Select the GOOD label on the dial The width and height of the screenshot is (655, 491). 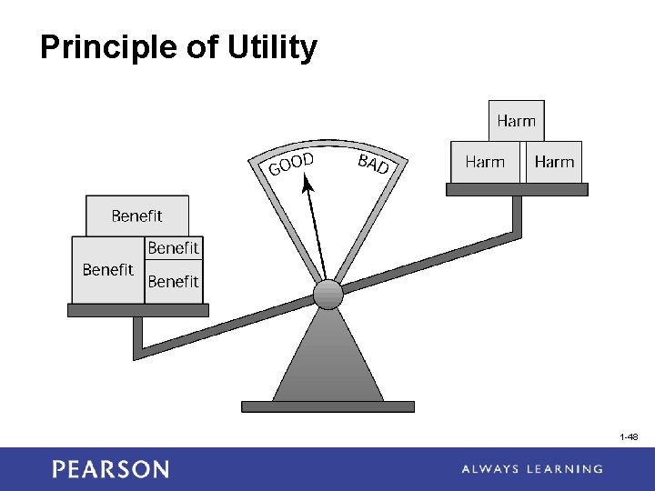coord(291,165)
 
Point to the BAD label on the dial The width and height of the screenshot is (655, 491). coord(373,164)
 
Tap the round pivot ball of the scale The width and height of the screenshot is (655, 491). coord(327,294)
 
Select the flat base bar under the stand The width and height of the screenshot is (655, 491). coord(327,406)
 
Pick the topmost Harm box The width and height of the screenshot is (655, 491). coord(516,120)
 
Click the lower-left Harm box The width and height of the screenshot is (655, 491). coord(485,162)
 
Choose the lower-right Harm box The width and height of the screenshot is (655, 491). coord(554,162)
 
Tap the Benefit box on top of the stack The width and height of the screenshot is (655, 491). coord(136,215)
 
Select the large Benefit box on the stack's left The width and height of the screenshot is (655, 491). coord(107,270)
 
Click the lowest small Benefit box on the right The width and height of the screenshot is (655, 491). coord(173,282)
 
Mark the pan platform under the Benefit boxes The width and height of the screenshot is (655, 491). coord(138,310)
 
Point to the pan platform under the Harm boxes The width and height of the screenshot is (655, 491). coord(517,189)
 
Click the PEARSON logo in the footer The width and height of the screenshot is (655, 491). coord(110,469)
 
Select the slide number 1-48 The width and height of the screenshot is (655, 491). coord(629,437)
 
